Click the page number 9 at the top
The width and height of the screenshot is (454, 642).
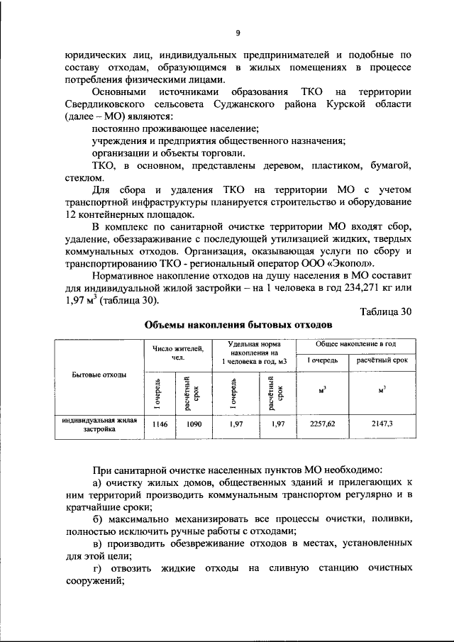238,31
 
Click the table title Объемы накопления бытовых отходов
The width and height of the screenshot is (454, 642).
238,326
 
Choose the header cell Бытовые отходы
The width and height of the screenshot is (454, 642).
99,375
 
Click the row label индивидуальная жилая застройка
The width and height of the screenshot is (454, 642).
99,426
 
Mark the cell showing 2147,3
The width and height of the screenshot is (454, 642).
382,426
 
